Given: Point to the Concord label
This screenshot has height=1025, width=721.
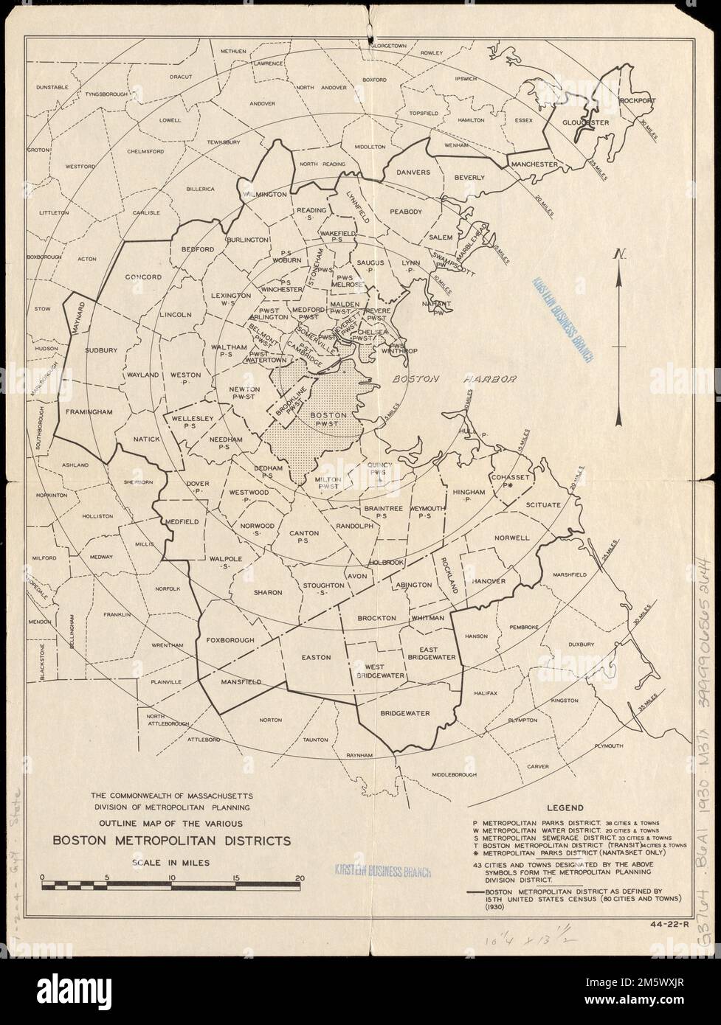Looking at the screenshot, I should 143,277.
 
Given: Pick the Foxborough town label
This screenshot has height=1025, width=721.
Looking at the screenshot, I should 230,639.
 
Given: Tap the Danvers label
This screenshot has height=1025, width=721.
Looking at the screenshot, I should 413,173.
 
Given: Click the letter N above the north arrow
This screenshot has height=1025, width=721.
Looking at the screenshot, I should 621,254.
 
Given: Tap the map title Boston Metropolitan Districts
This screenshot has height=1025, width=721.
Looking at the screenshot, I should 170,840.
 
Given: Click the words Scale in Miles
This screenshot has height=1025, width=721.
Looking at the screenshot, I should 170,861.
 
